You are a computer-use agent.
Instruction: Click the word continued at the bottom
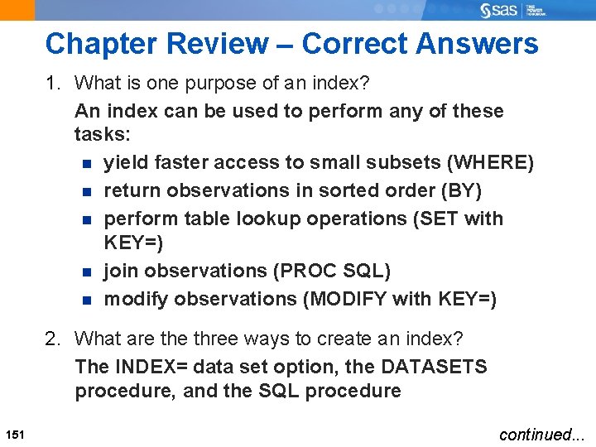click(535, 434)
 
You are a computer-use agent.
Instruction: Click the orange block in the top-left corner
click(17, 10)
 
